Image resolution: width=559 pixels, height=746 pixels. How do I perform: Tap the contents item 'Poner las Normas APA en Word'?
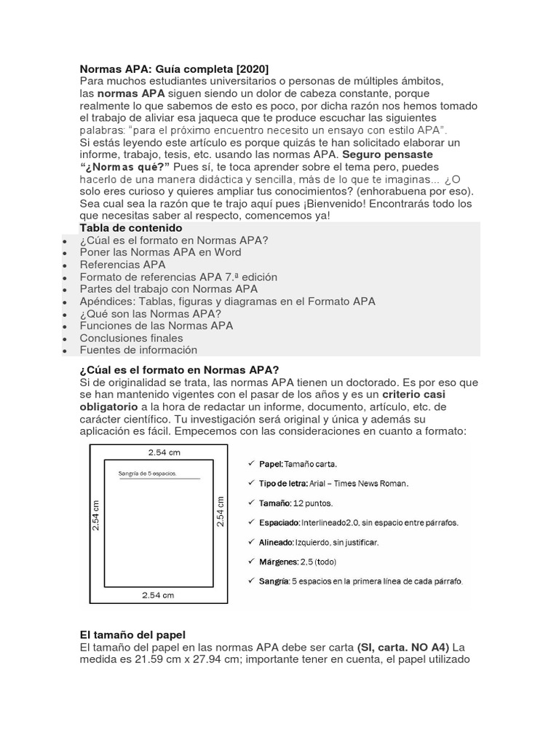click(160, 252)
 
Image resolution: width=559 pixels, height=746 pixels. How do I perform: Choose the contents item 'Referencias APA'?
click(122, 264)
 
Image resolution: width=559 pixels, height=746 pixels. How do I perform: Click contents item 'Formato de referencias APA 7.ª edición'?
click(178, 277)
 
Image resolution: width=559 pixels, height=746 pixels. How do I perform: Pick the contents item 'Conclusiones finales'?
click(131, 338)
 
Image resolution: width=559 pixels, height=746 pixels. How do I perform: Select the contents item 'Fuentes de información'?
click(138, 350)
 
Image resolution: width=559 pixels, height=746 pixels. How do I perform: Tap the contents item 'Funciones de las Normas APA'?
click(156, 326)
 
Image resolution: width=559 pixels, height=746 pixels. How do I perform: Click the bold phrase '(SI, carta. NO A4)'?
click(403, 648)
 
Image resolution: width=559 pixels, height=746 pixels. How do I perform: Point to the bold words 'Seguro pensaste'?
click(388, 155)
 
